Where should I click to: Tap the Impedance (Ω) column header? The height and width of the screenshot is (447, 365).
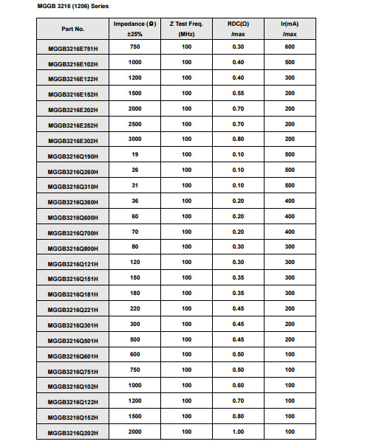134,29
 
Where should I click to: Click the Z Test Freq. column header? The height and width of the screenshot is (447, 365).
186,29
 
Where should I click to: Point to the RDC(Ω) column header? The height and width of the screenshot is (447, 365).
238,29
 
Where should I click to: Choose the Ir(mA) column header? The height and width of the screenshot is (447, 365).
290,29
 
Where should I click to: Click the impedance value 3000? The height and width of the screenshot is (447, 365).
134,139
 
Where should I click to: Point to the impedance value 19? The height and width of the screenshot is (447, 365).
134,154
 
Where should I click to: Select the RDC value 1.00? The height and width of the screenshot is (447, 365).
238,430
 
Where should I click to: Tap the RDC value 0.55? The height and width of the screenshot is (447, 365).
238,93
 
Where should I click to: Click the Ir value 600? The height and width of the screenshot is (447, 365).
290,46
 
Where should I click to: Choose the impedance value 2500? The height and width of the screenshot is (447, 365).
134,123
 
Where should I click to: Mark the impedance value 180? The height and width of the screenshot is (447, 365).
134,292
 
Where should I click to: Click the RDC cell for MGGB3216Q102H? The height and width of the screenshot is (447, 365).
238,384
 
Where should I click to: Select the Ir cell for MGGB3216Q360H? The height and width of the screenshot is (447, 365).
290,200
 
